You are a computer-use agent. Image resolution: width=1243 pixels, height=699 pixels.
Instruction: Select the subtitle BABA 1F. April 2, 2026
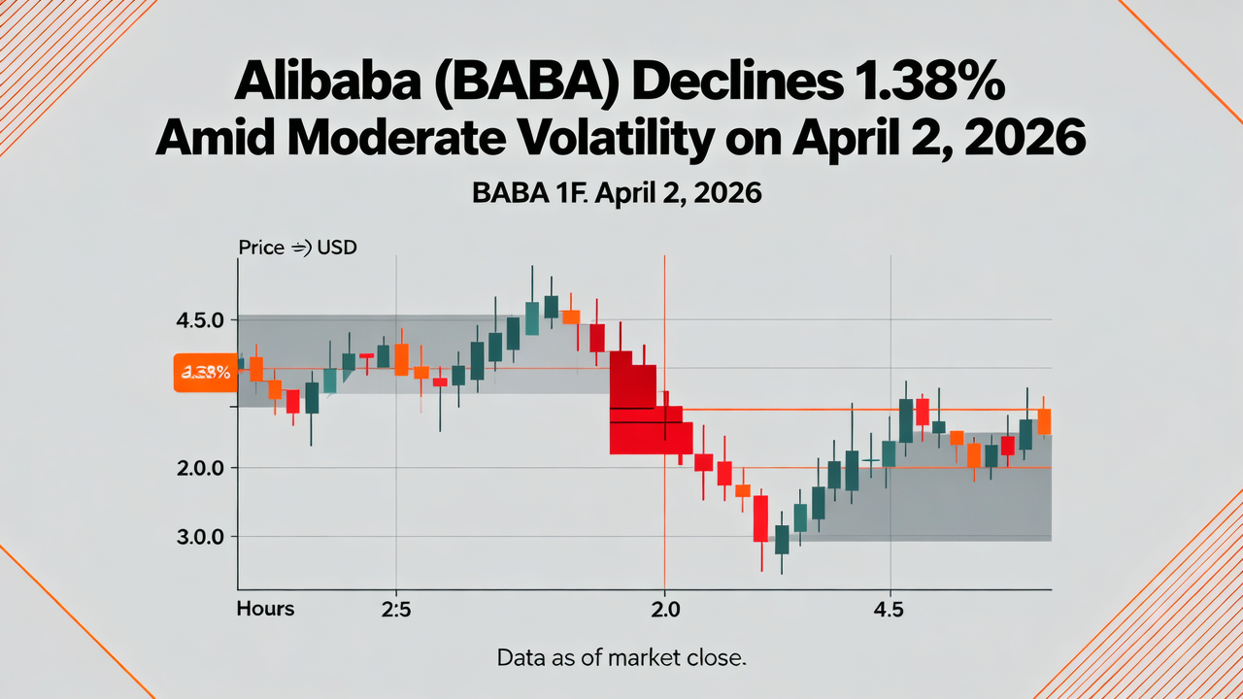[617, 193]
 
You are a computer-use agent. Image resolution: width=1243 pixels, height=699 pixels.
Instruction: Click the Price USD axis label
[297, 248]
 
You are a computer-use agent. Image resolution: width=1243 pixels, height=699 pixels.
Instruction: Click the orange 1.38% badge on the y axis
[205, 372]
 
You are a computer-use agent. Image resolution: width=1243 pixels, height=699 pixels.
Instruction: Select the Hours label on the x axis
[265, 610]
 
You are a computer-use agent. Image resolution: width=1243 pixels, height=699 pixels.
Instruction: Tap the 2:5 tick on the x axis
[395, 610]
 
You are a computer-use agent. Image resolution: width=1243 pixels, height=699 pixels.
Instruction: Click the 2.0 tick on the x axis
[664, 610]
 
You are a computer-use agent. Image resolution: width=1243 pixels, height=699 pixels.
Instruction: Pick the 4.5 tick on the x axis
[889, 610]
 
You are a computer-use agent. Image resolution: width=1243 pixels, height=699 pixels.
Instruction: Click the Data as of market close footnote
[621, 657]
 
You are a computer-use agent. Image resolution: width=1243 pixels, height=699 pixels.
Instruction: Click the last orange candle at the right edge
[1044, 421]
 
